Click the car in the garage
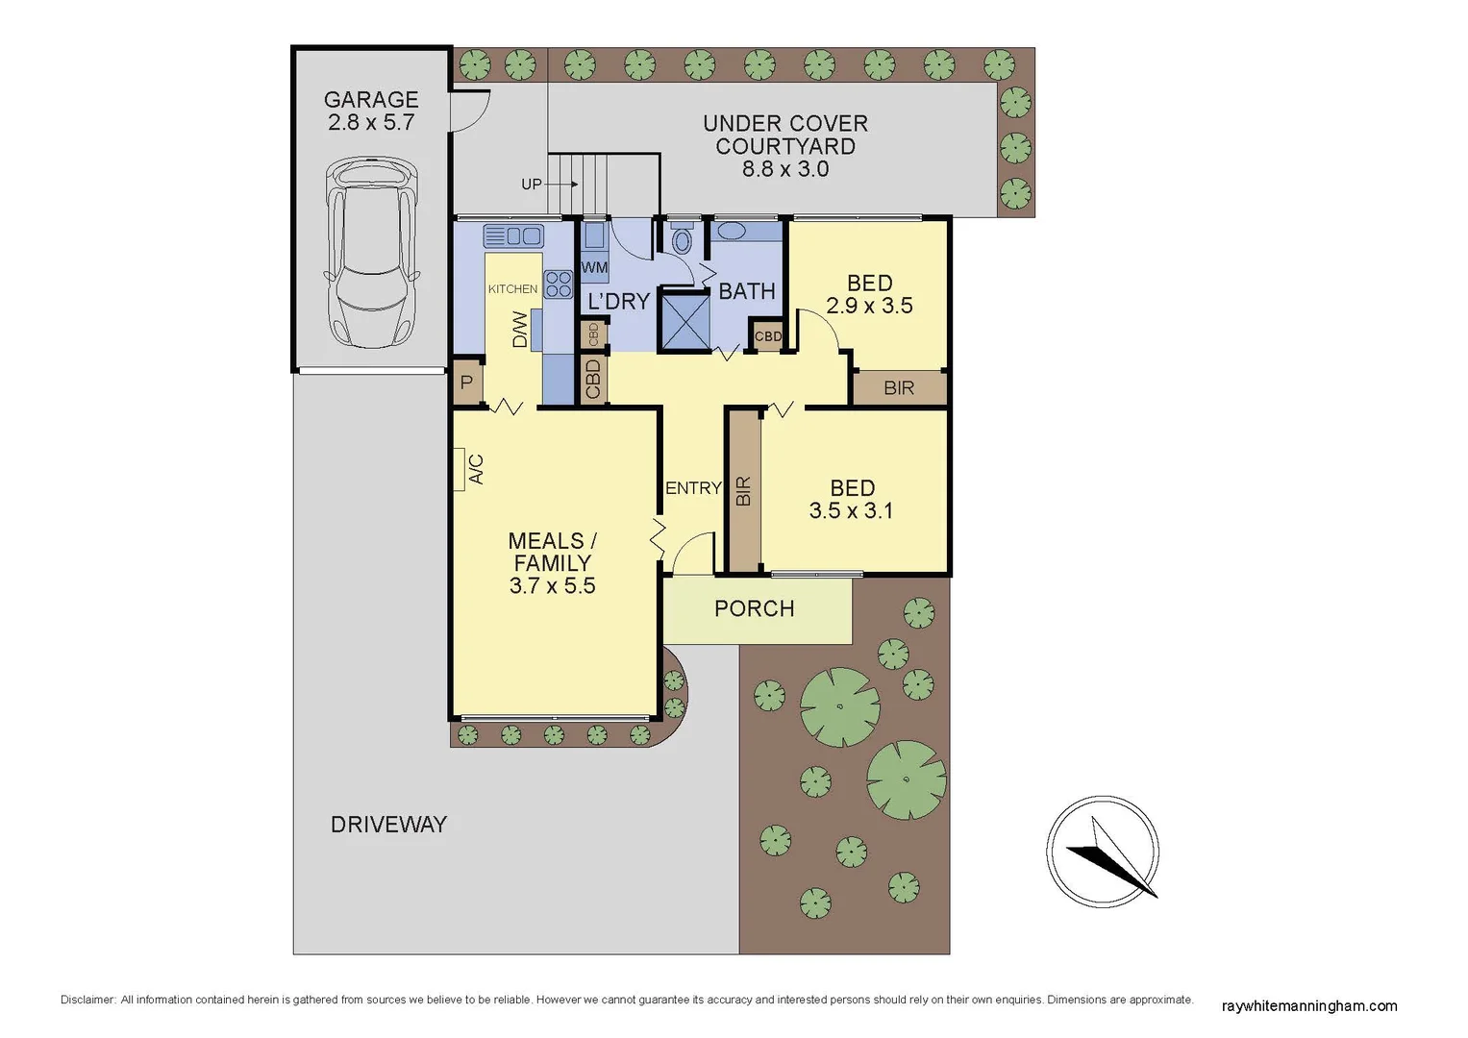tap(371, 255)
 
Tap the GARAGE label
tap(371, 100)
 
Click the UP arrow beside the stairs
tap(562, 184)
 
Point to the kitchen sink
tap(513, 235)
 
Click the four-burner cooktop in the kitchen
tap(559, 284)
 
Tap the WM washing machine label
tap(594, 267)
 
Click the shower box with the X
tap(684, 320)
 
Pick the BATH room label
tap(747, 291)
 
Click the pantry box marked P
tap(467, 383)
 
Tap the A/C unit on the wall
tap(460, 470)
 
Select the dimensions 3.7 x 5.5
tap(553, 586)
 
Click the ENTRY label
tap(693, 488)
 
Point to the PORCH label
tap(755, 608)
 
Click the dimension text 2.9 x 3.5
tap(870, 306)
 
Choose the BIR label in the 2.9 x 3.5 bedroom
tap(899, 388)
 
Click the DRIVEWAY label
tap(389, 825)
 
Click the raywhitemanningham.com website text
tap(1309, 1006)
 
